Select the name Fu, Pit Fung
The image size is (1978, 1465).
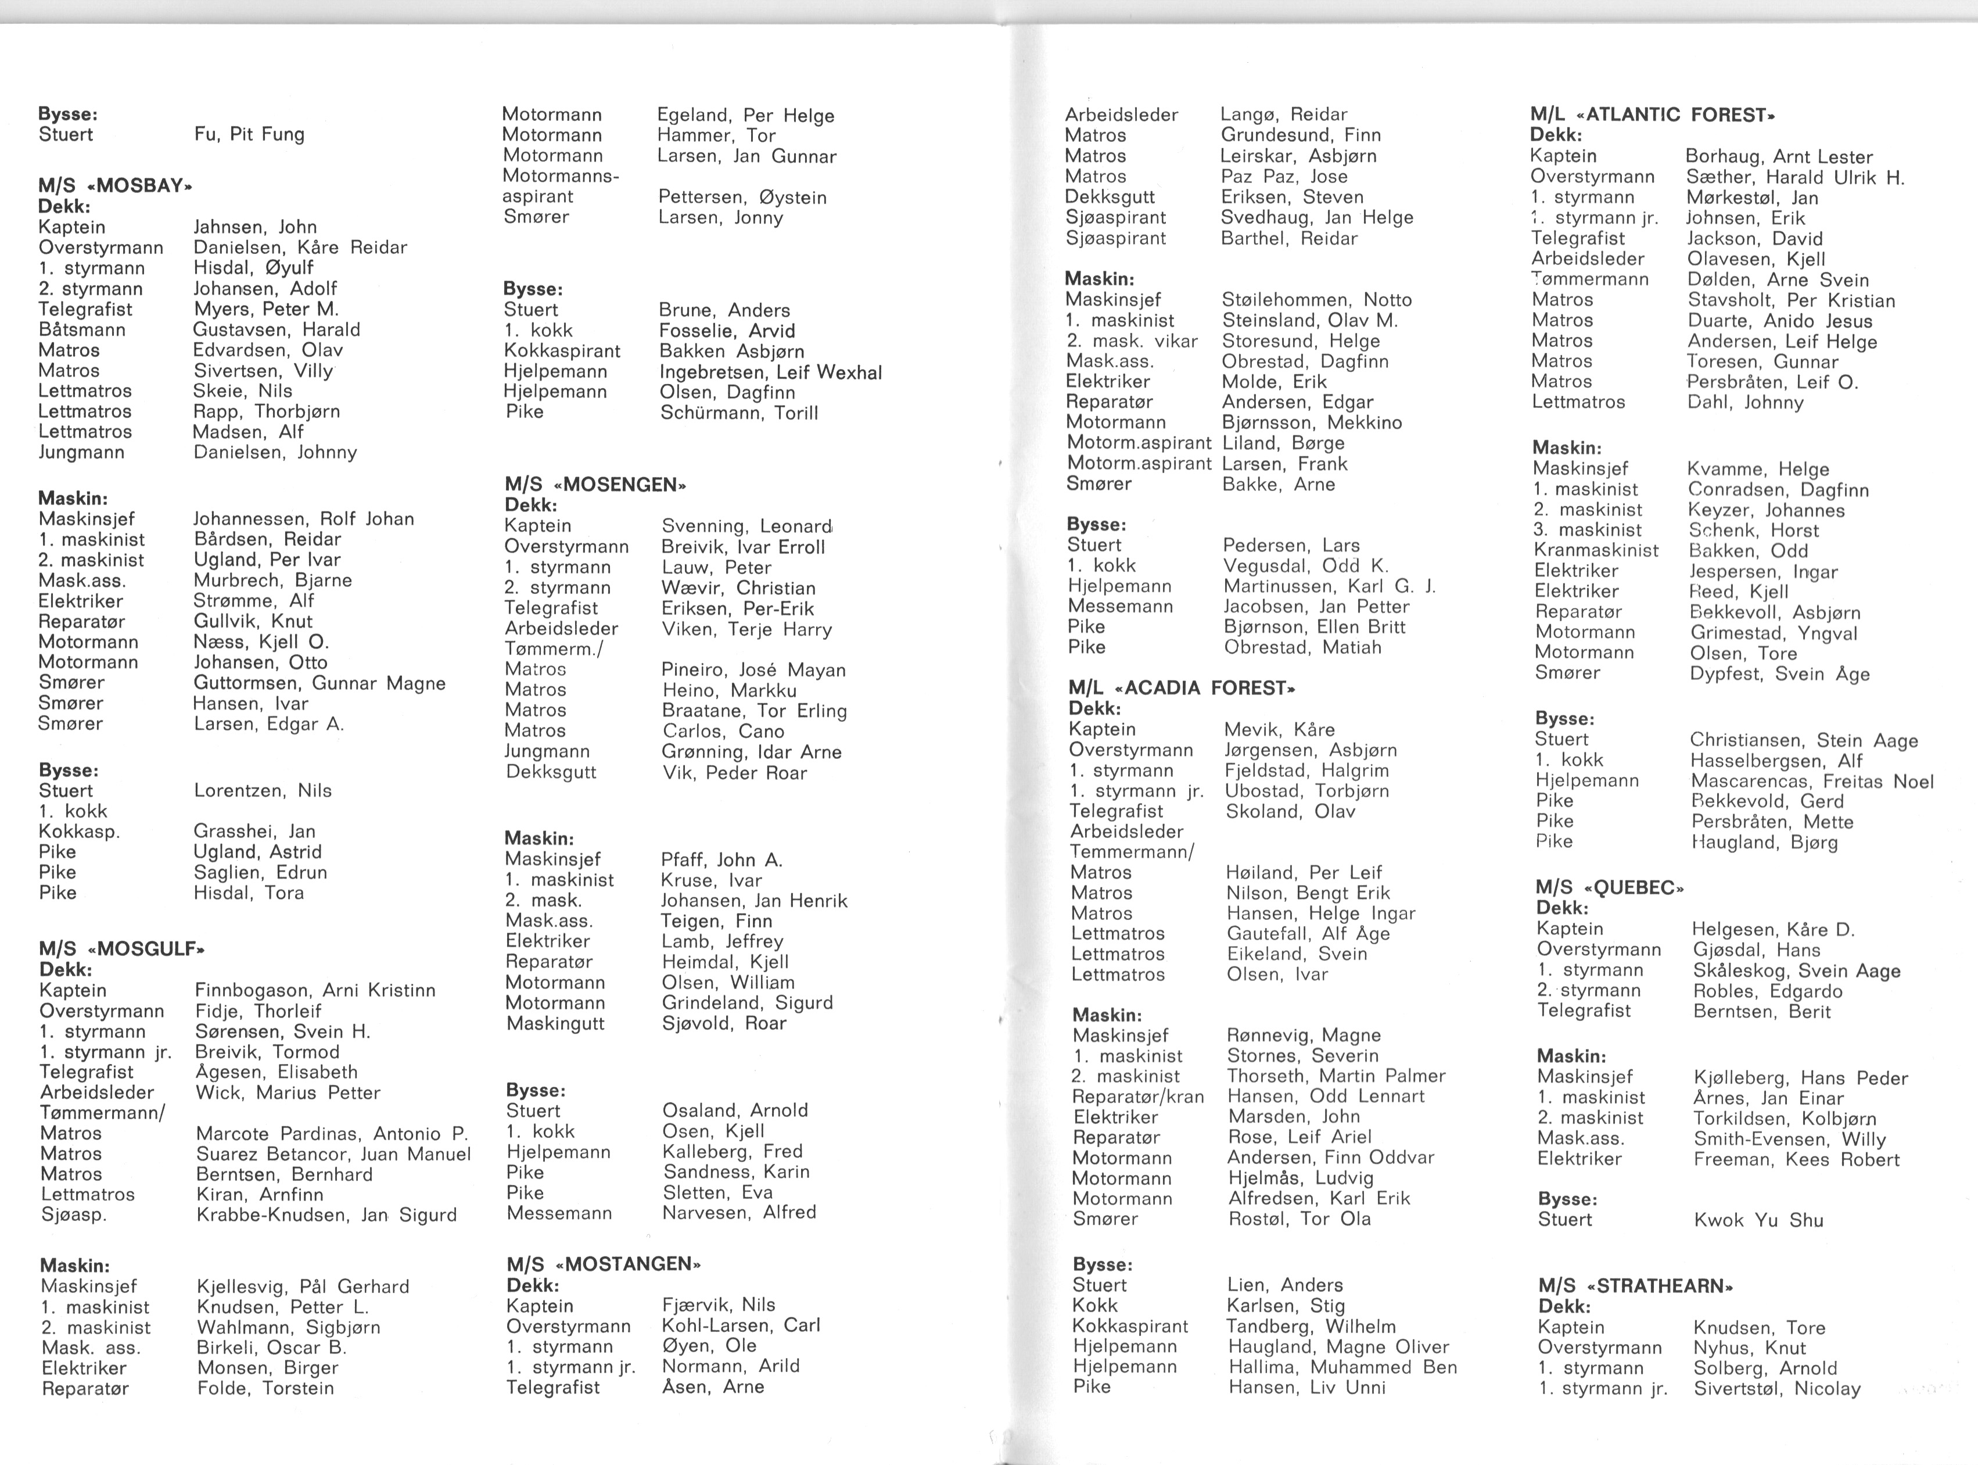(x=249, y=135)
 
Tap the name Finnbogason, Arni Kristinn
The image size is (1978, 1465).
(x=315, y=991)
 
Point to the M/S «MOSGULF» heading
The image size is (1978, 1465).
(x=121, y=949)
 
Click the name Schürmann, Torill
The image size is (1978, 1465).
(x=738, y=413)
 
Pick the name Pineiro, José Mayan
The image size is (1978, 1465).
(x=753, y=671)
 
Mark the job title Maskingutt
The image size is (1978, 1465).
(x=555, y=1023)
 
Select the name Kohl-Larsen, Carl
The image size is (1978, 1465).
(x=741, y=1326)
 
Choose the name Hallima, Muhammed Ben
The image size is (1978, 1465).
(x=1342, y=1367)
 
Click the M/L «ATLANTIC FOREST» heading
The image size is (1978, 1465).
(x=1653, y=115)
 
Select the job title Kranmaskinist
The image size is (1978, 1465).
(x=1596, y=551)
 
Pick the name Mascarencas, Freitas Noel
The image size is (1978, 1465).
(x=1811, y=782)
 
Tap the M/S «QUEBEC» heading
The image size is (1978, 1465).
(x=1609, y=888)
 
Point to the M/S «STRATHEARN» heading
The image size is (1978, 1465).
(x=1636, y=1286)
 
